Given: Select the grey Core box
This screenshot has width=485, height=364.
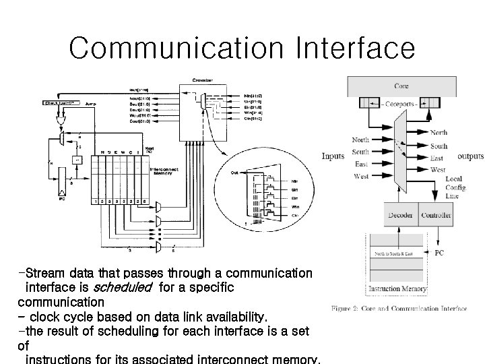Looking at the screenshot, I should point(401,86).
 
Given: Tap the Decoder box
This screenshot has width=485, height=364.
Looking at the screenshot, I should point(400,215).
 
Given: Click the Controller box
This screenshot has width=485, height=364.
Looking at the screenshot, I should point(436,215).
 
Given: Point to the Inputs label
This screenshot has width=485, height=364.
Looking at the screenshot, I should point(333,156).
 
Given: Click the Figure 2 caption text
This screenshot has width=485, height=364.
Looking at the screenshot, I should point(399,309).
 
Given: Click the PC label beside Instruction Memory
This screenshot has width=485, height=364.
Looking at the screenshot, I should point(439,253).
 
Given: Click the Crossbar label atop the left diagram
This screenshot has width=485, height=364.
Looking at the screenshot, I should point(204,80).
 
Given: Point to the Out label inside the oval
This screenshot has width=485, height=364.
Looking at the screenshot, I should point(234,173).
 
